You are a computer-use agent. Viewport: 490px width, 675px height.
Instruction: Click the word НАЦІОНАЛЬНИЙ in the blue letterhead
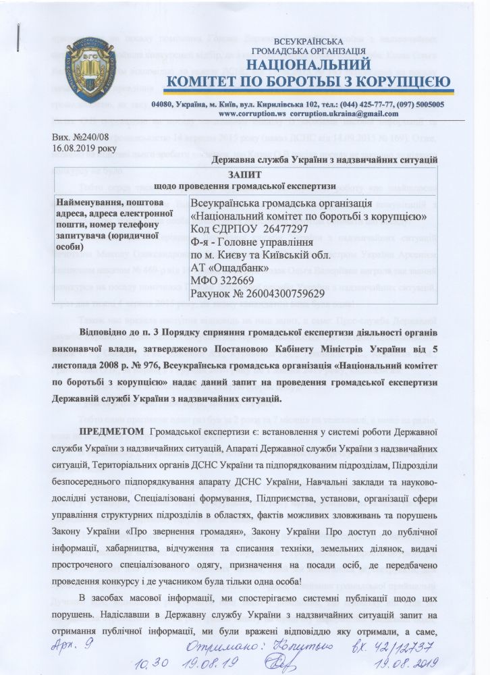coord(308,65)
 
